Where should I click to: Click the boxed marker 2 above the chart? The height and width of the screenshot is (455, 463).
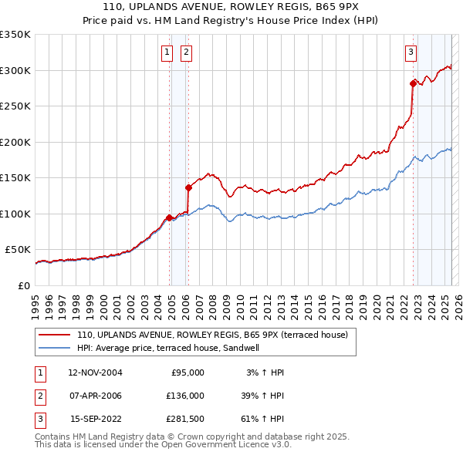[x=186, y=52]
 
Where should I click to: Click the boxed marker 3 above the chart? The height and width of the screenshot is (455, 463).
[x=411, y=52]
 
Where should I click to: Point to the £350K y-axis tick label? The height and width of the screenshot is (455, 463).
[x=15, y=35]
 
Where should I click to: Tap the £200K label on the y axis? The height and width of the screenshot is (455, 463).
[x=15, y=142]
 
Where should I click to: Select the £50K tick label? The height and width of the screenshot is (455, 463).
[x=19, y=250]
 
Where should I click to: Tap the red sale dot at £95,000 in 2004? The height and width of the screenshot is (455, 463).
[x=169, y=217]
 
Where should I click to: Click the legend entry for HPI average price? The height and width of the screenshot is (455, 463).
[x=167, y=348]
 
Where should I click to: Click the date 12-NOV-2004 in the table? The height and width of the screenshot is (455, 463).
[x=96, y=372]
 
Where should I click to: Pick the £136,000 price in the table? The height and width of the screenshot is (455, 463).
[x=185, y=396]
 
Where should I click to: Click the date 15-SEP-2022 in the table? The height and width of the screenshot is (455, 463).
[x=96, y=419]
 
